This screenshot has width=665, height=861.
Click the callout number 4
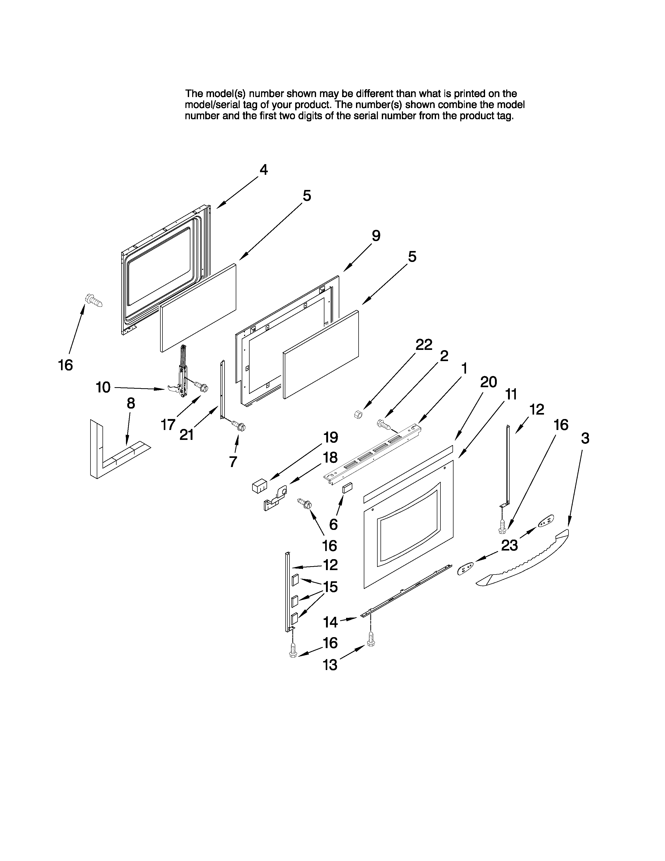click(264, 170)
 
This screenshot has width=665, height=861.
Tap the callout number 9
click(376, 236)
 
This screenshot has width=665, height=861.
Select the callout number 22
click(424, 345)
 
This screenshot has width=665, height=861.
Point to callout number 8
click(131, 403)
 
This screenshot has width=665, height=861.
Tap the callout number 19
click(330, 437)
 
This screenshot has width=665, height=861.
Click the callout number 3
click(585, 438)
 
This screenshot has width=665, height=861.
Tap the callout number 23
click(509, 546)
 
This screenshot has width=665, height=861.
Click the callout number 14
click(330, 623)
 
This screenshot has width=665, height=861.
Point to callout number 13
click(330, 665)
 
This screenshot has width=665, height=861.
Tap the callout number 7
click(233, 461)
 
